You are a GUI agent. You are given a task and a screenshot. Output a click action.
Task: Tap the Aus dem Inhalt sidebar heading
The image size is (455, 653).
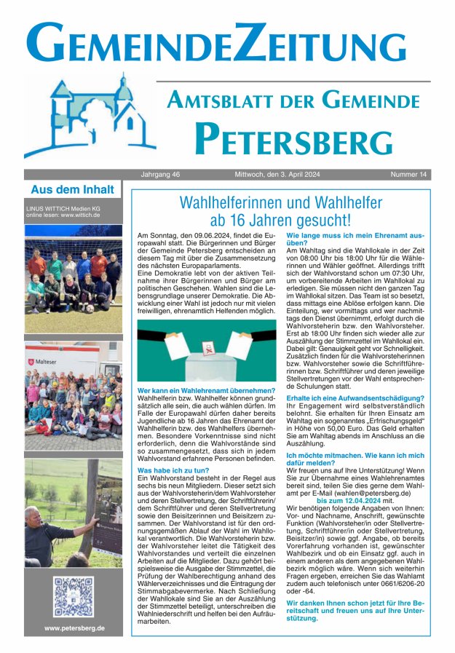click(x=72, y=190)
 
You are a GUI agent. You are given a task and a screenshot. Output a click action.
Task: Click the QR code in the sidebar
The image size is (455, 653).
click(x=73, y=598)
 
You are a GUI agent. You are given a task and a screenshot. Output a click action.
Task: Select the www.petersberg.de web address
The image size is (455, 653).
click(x=74, y=628)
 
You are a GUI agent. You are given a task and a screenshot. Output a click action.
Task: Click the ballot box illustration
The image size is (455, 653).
click(x=207, y=352)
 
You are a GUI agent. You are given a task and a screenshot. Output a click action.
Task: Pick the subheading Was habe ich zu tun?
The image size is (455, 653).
click(x=169, y=471)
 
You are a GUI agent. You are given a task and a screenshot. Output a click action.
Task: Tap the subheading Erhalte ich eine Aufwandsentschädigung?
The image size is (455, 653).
click(x=355, y=398)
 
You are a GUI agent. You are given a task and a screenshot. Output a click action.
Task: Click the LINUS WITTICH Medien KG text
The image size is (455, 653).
click(x=66, y=208)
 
